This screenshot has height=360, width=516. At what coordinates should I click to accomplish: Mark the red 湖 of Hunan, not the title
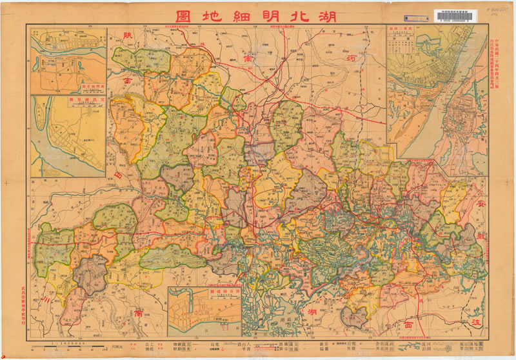pos(312,312)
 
